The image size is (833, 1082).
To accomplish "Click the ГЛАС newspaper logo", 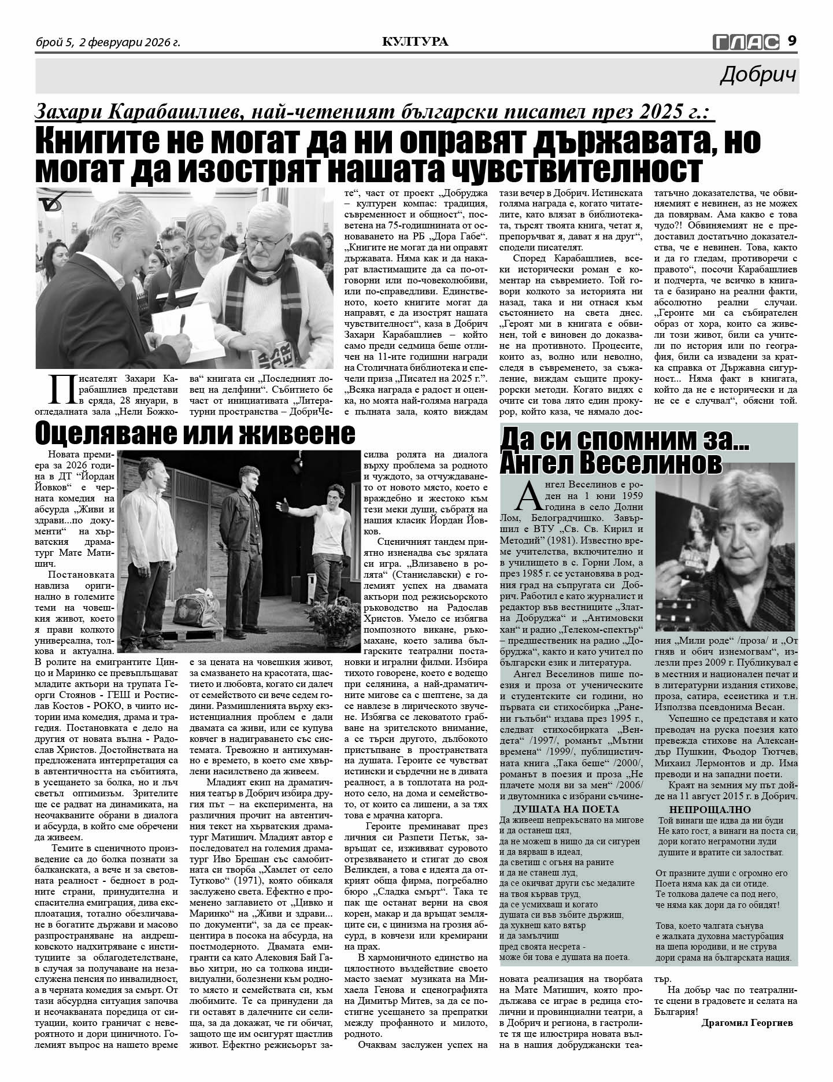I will coord(746,42).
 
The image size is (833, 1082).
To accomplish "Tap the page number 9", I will coord(792,41).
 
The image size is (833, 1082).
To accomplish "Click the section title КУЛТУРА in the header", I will coord(415,42).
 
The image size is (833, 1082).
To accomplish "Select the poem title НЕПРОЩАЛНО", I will coord(702,810).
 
